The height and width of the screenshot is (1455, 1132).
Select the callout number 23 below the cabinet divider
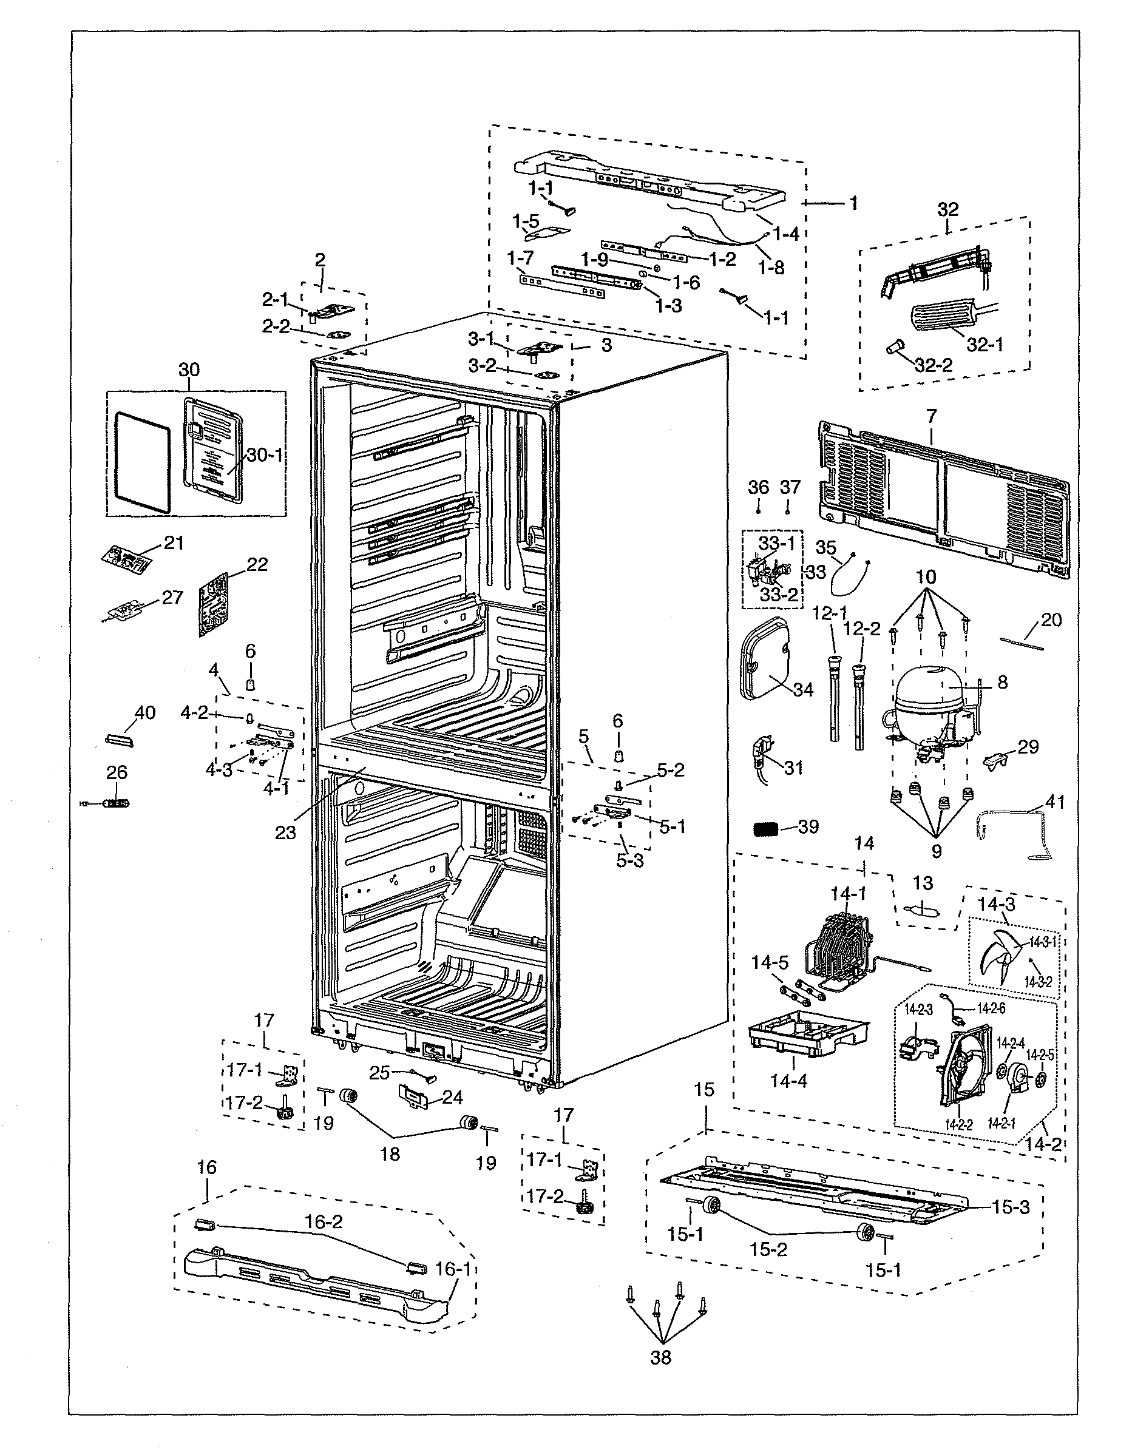[x=285, y=832]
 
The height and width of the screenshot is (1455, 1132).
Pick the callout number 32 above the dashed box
[x=948, y=209]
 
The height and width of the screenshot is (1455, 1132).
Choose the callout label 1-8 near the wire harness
[x=771, y=268]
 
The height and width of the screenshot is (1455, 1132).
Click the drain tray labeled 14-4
[x=806, y=1033]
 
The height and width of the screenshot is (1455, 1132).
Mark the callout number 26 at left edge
[x=117, y=772]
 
